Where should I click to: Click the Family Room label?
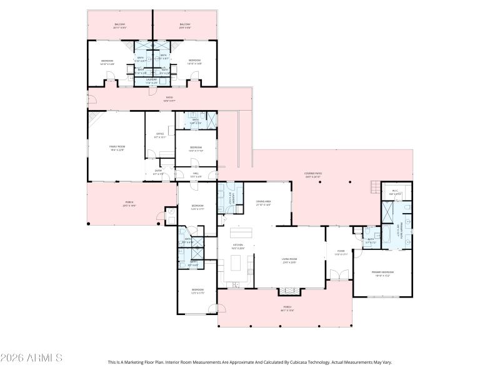pos(117,147)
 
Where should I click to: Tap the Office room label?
pos(159,137)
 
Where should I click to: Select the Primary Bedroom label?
pos(383,273)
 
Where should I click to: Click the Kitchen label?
pos(238,246)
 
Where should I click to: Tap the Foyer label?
pos(341,252)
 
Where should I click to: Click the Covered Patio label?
pos(312,176)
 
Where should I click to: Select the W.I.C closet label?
pos(395,192)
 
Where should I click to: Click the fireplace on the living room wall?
pos(288,291)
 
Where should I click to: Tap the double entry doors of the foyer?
pos(340,276)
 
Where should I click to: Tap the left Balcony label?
pos(120,26)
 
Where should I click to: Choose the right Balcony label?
pos(185,26)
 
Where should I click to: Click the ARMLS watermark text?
pos(31,358)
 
